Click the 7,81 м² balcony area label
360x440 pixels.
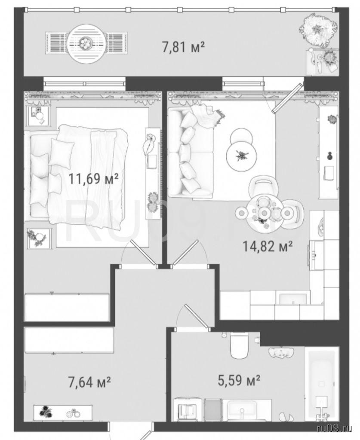(x=183, y=46)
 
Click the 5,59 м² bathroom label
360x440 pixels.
(x=239, y=381)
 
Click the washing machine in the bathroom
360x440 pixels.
(x=188, y=411)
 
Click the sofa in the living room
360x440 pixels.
(x=191, y=153)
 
